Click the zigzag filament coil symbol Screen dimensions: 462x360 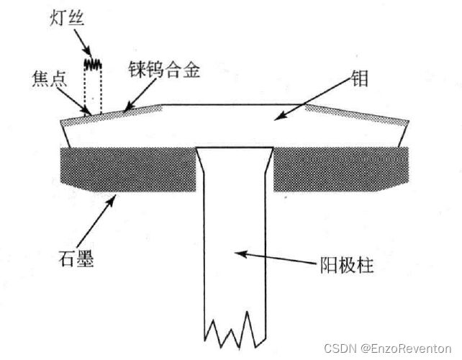pos(92,63)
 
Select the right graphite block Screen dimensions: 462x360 pos(342,168)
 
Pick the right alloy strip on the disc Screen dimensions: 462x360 pos(356,115)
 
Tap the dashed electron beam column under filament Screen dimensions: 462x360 pos(92,90)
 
